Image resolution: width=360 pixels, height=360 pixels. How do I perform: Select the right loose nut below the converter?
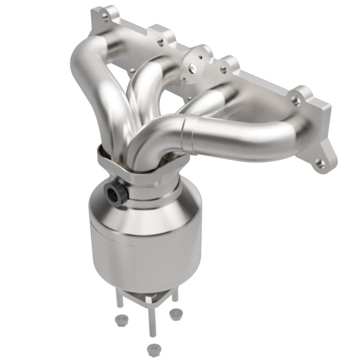(175, 313)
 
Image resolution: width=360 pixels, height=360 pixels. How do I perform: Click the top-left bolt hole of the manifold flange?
(105, 19)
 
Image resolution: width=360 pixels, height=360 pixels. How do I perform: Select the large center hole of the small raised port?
(193, 68)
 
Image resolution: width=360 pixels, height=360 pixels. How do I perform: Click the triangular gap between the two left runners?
(121, 90)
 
